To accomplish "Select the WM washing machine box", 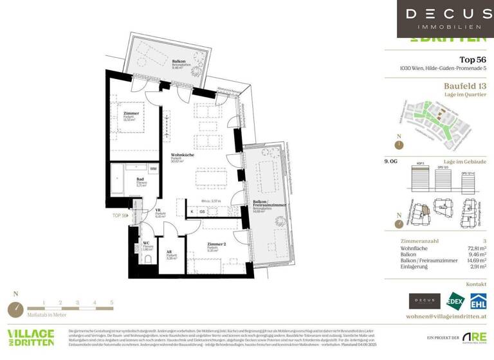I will [153, 169].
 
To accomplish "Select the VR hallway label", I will [158, 211].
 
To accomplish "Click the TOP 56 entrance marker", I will [120, 215].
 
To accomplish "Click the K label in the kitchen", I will [192, 210].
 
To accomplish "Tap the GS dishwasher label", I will [202, 210].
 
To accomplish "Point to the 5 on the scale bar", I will [111, 301].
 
